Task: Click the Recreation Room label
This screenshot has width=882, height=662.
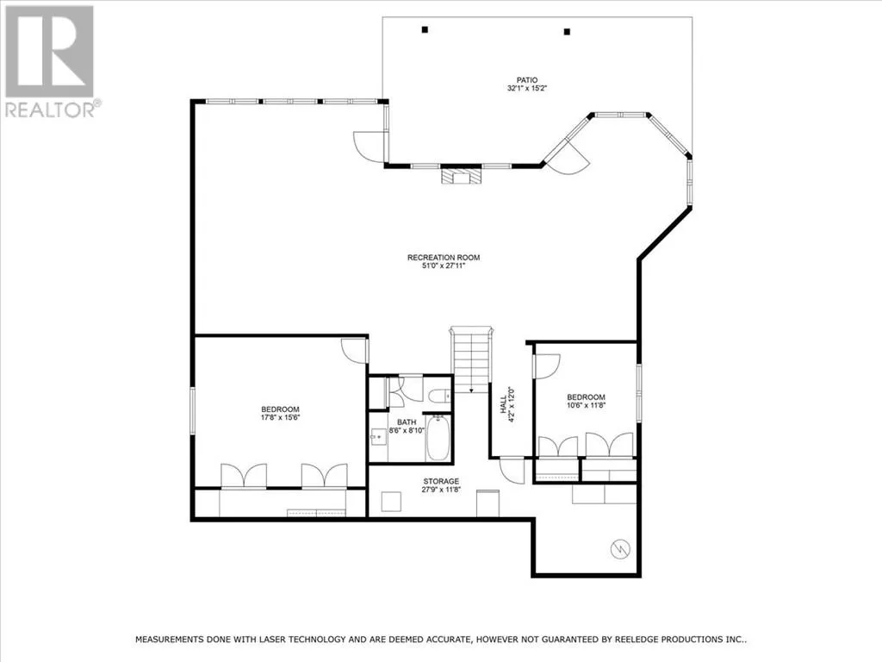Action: (444, 258)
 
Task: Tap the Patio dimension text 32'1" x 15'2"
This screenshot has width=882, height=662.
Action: (527, 89)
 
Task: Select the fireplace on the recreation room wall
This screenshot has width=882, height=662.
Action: (462, 177)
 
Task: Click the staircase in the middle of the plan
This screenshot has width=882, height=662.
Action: (471, 359)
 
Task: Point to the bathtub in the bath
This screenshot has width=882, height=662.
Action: (438, 439)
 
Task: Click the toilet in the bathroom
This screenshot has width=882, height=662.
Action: (439, 397)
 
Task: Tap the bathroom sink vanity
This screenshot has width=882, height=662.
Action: (379, 436)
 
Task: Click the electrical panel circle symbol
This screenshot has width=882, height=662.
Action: (620, 549)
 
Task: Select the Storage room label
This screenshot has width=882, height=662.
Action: (441, 481)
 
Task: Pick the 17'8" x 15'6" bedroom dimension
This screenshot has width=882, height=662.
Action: (280, 418)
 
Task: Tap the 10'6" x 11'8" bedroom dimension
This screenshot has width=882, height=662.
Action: (586, 405)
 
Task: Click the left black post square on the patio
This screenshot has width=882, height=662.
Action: (425, 30)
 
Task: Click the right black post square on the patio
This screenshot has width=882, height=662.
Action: (567, 32)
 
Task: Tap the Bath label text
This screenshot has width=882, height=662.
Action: (407, 422)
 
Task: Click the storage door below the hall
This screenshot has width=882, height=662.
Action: (512, 470)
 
